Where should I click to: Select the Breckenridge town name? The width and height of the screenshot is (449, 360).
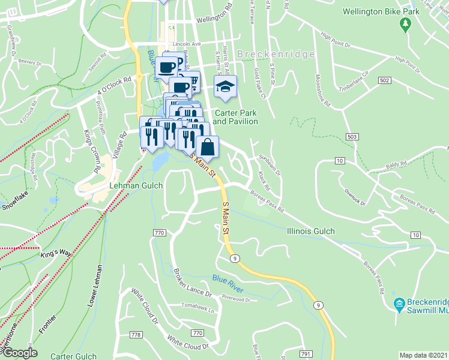click(x=276, y=54)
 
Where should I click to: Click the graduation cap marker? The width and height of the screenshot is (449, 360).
click(x=225, y=87)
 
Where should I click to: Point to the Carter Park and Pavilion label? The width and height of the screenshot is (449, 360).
click(x=235, y=117)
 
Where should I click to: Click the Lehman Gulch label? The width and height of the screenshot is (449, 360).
click(x=136, y=186)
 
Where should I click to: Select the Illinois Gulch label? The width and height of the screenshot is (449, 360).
click(x=310, y=231)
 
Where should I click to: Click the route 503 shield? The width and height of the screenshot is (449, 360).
click(x=351, y=138)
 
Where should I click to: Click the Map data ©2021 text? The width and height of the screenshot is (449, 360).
click(x=423, y=355)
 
